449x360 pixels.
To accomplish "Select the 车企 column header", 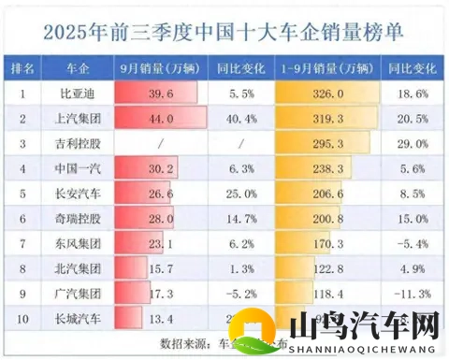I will click(x=80, y=68).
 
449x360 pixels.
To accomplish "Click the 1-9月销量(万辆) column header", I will click(x=326, y=68).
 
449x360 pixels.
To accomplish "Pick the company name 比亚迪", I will click(x=80, y=94).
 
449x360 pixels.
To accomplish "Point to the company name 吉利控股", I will click(x=80, y=144).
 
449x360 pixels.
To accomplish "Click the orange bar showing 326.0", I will click(x=326, y=94).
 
